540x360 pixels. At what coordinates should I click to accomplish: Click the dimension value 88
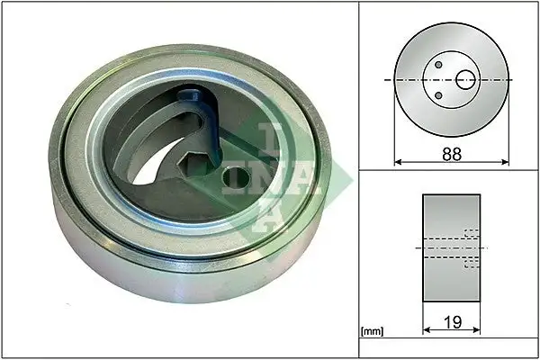pos(452,154)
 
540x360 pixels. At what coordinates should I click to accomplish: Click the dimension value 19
pos(453,322)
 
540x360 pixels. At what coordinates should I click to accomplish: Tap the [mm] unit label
pos(372,331)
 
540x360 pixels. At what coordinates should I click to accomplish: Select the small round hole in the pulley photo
pos(236,177)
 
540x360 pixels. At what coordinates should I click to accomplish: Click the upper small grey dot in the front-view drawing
pos(438,65)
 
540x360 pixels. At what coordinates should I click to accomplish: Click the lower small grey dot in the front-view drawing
pos(438,95)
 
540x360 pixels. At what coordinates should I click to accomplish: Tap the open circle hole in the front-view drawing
pos(465,80)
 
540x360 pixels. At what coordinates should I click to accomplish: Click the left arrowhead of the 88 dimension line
pos(398,162)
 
